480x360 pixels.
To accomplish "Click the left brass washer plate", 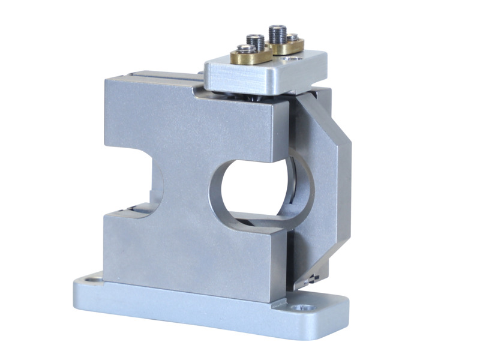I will point(251,57).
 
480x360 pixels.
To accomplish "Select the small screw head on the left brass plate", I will point(243,50).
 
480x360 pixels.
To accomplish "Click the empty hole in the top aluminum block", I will point(294,59).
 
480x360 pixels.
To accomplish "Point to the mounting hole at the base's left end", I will point(92,279).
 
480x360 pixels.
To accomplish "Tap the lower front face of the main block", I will point(180,252).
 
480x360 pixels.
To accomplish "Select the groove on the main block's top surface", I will point(156,77).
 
